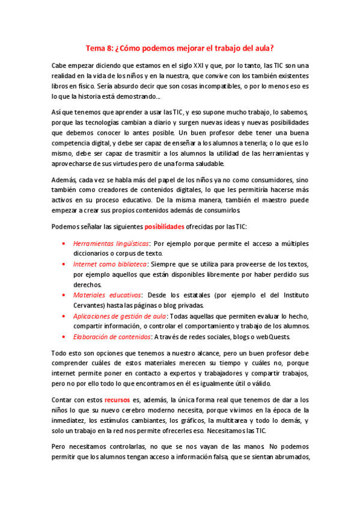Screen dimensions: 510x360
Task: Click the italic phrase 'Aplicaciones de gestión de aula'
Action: [119, 316]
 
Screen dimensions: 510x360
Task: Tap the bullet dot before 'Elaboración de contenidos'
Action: [64, 336]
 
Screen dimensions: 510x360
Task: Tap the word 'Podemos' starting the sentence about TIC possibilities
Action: [66, 226]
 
